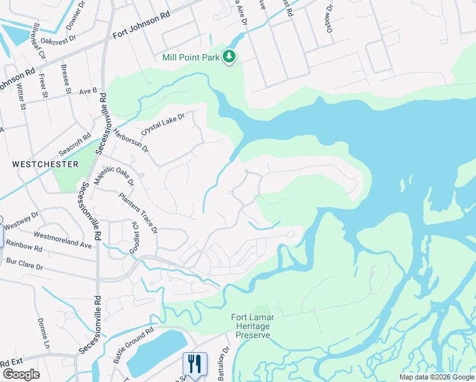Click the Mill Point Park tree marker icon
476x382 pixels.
coord(229,58)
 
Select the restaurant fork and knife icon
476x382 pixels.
coord(195,364)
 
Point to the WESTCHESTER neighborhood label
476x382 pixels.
coord(45,164)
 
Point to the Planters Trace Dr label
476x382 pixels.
coord(138,213)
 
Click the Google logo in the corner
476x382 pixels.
coord(21,374)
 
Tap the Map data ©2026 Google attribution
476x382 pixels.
coord(436,377)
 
